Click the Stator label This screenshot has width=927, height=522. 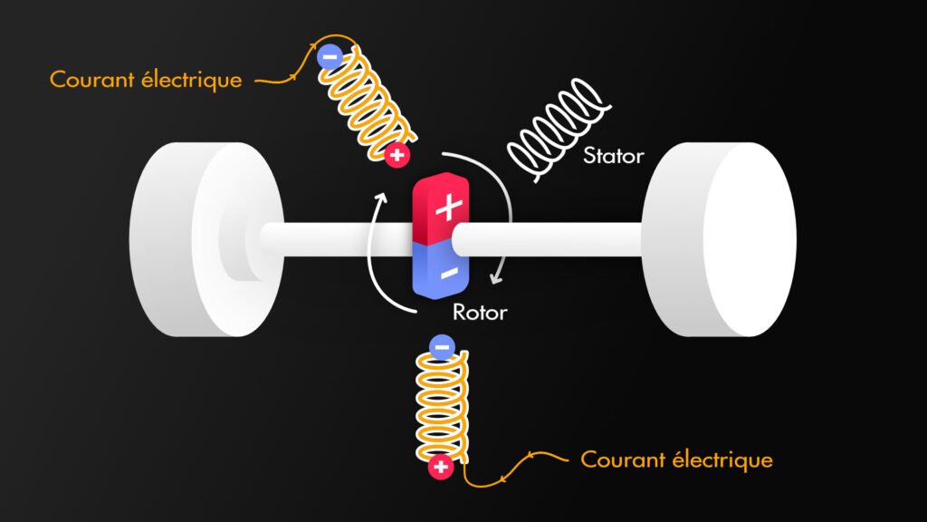coord(613,156)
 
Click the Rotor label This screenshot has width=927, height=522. coord(480,314)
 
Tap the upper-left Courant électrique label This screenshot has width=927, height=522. coord(146,80)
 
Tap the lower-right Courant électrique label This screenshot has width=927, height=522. coord(676,459)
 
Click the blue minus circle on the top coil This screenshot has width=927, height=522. coord(329,56)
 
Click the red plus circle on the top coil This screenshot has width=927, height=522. coord(396,155)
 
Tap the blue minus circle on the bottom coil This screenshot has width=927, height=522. coord(441,345)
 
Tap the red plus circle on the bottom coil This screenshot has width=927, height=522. coord(441,468)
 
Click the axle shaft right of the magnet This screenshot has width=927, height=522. coord(552,238)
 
